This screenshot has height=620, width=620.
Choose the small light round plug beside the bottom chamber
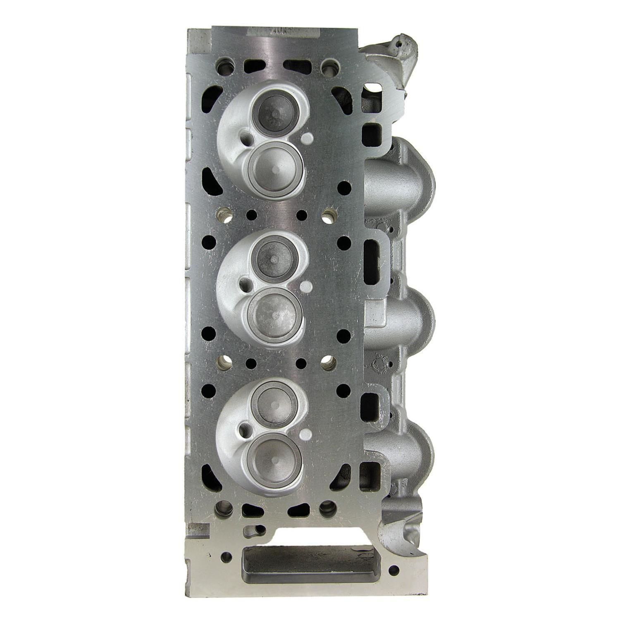pos(306,435)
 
